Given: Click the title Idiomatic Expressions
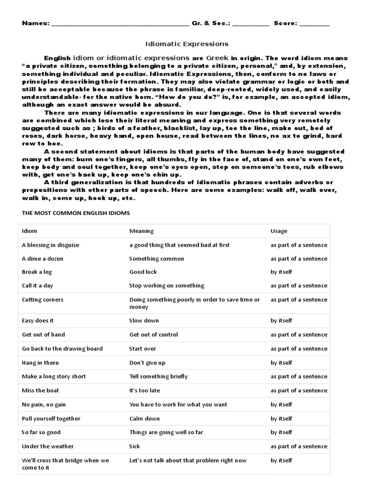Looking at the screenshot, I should click(x=187, y=44).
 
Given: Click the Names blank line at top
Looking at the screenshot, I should click(x=120, y=24).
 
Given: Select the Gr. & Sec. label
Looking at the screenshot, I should click(x=207, y=23).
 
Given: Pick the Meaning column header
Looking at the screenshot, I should click(x=141, y=231).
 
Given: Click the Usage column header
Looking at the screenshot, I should click(x=279, y=231).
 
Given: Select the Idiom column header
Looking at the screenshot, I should click(x=30, y=231).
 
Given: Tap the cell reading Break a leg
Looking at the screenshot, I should click(x=36, y=272).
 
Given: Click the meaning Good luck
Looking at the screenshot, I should click(x=143, y=272).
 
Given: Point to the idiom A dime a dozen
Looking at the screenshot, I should click(x=43, y=258).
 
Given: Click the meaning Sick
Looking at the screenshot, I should click(x=134, y=446).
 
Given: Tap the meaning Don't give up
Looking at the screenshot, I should click(x=147, y=363).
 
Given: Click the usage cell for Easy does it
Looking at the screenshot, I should click(x=281, y=321).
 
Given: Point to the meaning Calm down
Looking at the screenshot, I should click(x=145, y=419).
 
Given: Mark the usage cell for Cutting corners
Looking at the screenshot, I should click(x=299, y=300).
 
